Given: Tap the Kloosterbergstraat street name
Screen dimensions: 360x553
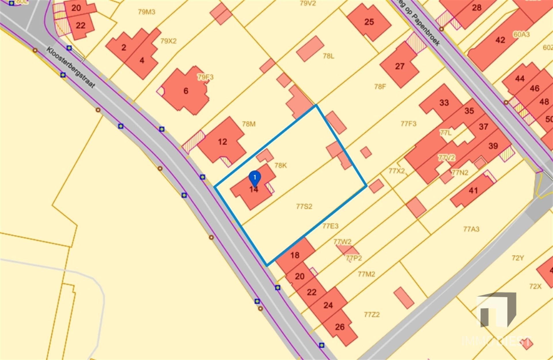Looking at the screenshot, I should pos(71,68).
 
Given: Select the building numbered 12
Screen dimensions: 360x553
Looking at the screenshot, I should pos(222,142).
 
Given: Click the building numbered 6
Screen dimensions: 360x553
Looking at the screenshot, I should pos(186,91).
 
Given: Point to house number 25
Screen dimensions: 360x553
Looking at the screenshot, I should pos(369,22).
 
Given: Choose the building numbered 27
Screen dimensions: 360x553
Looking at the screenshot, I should pos(399,66).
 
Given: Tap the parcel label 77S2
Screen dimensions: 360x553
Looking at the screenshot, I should pos(304,206).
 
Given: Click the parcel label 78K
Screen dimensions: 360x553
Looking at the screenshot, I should pos(281,165).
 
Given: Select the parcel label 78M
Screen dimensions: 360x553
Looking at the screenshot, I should pos(249,124).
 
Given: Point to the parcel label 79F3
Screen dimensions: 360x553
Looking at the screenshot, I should pos(205,77).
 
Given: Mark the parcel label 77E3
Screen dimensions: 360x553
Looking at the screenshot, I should pos(330,226).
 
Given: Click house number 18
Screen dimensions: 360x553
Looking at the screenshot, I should pos(295,255).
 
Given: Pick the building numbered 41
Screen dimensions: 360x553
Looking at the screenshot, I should pos(473,190).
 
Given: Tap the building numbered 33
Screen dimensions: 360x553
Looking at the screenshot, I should pos(444,103).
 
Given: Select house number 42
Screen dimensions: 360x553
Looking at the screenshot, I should pos(500,40).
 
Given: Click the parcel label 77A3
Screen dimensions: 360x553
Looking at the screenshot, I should pos(471,229).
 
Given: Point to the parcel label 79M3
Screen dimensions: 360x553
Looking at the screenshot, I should pos(146,12).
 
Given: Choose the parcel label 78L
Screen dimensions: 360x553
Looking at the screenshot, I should pos(328,56).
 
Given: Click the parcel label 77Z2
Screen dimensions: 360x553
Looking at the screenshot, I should pos(372,315).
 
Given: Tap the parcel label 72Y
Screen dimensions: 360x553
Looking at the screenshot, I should pos(518,258).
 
